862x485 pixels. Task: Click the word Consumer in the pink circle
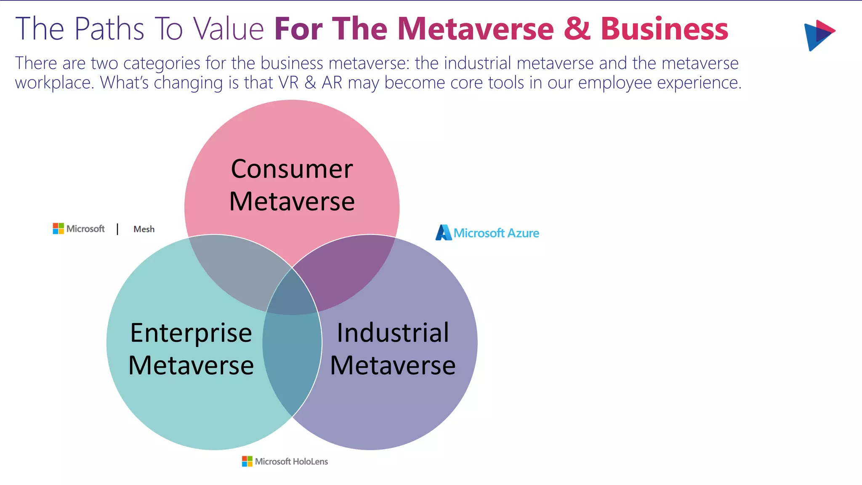pyautogui.click(x=292, y=169)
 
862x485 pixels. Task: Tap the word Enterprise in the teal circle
pyautogui.click(x=191, y=333)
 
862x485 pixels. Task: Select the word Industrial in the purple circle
pyautogui.click(x=393, y=333)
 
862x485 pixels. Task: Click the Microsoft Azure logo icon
pyautogui.click(x=443, y=233)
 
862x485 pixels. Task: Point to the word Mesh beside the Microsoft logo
pyautogui.click(x=144, y=229)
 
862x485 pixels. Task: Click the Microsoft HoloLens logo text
pyautogui.click(x=291, y=461)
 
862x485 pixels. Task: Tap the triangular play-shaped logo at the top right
pyautogui.click(x=818, y=35)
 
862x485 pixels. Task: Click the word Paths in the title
pyautogui.click(x=109, y=29)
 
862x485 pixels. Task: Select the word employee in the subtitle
pyautogui.click(x=615, y=83)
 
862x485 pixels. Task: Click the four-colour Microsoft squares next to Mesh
pyautogui.click(x=58, y=229)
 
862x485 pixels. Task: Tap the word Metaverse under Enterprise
pyautogui.click(x=191, y=365)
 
